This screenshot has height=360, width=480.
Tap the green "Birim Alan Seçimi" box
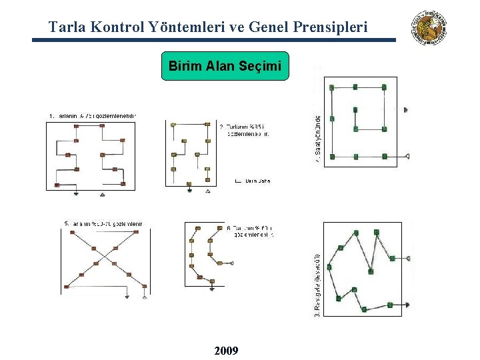225,66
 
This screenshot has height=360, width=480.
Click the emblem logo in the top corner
429,28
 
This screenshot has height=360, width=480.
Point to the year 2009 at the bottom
226,351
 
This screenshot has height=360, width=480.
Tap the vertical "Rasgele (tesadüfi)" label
317,283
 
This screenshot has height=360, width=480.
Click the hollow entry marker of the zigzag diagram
408,258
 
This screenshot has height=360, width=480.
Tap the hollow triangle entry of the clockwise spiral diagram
407,156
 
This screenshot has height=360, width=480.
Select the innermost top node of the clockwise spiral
355,109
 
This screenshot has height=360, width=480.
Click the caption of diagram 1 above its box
93,115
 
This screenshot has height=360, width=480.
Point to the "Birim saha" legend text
257,181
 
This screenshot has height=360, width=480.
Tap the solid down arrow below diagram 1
76,193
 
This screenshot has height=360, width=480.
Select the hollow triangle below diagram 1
102,193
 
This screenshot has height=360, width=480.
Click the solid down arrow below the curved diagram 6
212,289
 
